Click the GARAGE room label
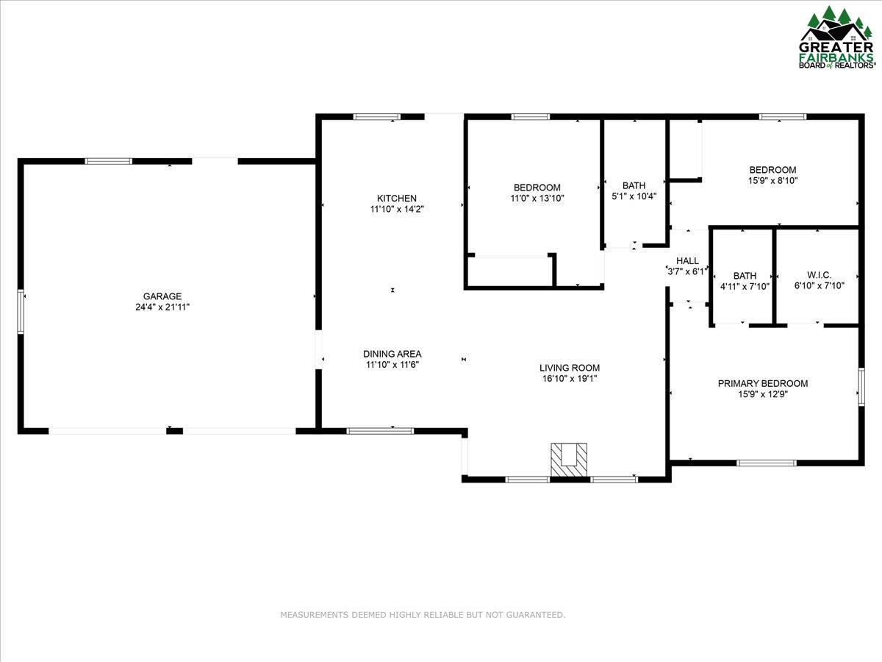tap(162, 296)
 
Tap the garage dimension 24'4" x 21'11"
tap(162, 307)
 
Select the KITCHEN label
tap(397, 198)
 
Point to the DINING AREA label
tap(392, 354)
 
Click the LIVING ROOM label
tap(570, 367)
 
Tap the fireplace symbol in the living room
tap(569, 460)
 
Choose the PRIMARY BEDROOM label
tap(763, 383)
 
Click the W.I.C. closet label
tap(820, 275)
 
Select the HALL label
tap(687, 260)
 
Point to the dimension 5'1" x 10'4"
tap(634, 196)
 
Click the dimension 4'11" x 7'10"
tap(745, 286)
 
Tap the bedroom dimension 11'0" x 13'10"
tap(537, 198)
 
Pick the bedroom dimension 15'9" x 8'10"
tap(772, 180)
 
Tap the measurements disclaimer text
tap(423, 615)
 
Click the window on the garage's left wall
tap(21, 311)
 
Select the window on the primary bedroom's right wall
tap(861, 387)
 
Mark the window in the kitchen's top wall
tap(376, 117)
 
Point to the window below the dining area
tap(380, 431)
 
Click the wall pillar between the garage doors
tap(174, 431)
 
